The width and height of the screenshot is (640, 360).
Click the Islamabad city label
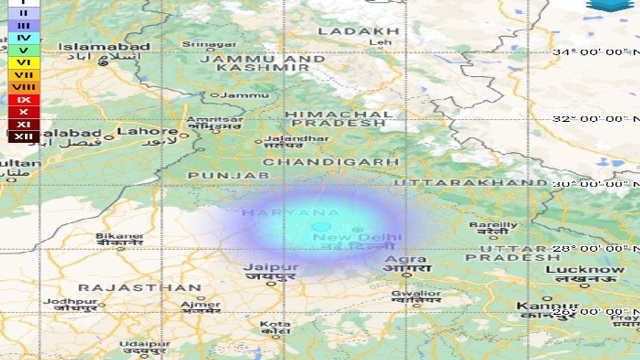(x=104, y=47)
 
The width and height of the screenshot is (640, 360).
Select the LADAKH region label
(x=358, y=31)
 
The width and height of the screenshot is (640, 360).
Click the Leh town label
(x=380, y=42)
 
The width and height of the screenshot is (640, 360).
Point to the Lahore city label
(x=147, y=131)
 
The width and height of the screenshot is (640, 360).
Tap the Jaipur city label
(x=270, y=267)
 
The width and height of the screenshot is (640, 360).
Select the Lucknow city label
(x=585, y=269)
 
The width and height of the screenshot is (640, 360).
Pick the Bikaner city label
(x=119, y=236)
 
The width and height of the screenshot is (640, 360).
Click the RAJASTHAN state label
(x=140, y=288)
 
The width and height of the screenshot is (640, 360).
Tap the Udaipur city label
(x=144, y=344)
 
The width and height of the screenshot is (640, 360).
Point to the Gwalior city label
(x=416, y=293)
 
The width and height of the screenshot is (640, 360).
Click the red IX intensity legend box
(x=23, y=99)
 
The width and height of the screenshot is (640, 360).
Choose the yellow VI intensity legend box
(x=23, y=62)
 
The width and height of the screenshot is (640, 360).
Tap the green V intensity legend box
(x=23, y=50)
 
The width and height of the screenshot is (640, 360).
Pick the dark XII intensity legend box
(x=23, y=136)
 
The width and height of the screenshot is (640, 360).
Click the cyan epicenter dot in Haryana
(x=321, y=227)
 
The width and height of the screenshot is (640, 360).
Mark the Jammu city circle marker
(x=215, y=95)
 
